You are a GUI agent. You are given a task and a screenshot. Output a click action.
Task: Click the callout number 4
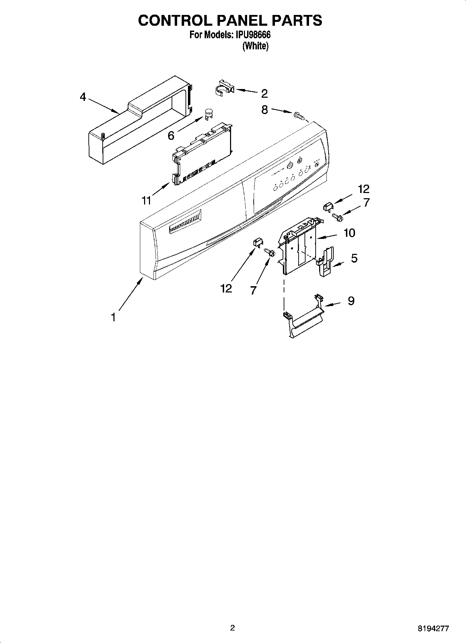tap(82, 96)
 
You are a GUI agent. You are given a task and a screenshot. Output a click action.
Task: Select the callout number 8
tap(264, 110)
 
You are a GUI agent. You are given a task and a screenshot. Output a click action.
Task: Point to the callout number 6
tap(171, 136)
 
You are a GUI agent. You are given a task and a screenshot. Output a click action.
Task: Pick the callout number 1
tap(113, 317)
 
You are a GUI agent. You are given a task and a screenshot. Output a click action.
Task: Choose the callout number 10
tap(349, 233)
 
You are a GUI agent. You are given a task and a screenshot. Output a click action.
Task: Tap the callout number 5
tap(354, 258)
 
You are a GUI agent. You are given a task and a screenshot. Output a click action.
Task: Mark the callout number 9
tap(351, 300)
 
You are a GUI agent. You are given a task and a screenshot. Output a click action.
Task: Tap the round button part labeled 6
tap(208, 114)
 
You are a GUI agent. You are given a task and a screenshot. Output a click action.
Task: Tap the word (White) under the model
tap(255, 46)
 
